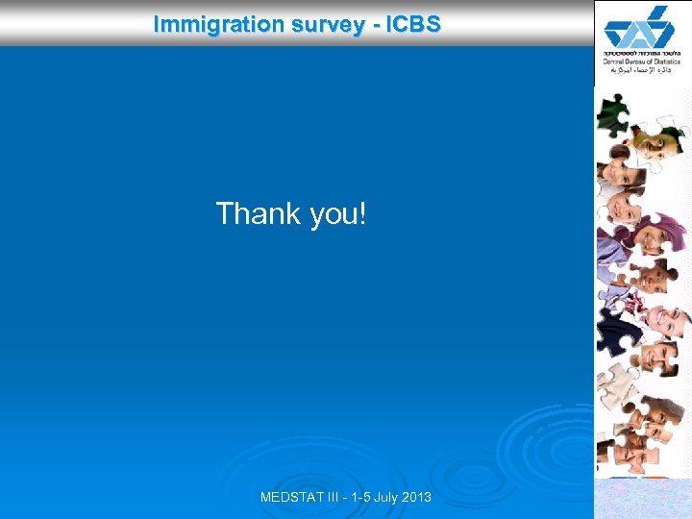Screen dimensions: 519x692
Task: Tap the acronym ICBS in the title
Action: [x=413, y=23]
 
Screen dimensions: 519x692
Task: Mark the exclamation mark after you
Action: [x=362, y=212]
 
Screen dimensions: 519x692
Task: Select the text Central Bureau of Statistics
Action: [x=643, y=62]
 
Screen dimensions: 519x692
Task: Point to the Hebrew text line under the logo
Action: [x=643, y=52]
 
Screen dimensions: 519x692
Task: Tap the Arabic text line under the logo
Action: [x=643, y=70]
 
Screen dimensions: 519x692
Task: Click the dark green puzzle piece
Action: [x=611, y=113]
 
